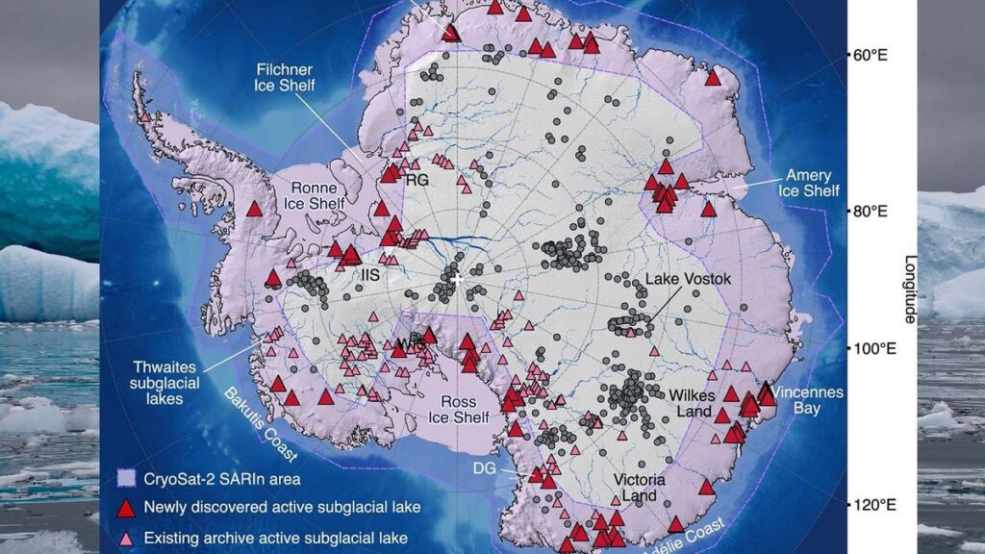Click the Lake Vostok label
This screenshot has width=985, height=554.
689,279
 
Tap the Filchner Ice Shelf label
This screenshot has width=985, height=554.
286,78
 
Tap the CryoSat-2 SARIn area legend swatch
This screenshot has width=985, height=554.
126,478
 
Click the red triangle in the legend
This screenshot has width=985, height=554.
126,507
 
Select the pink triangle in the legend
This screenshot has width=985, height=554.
126,537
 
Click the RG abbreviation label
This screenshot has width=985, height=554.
416,179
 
